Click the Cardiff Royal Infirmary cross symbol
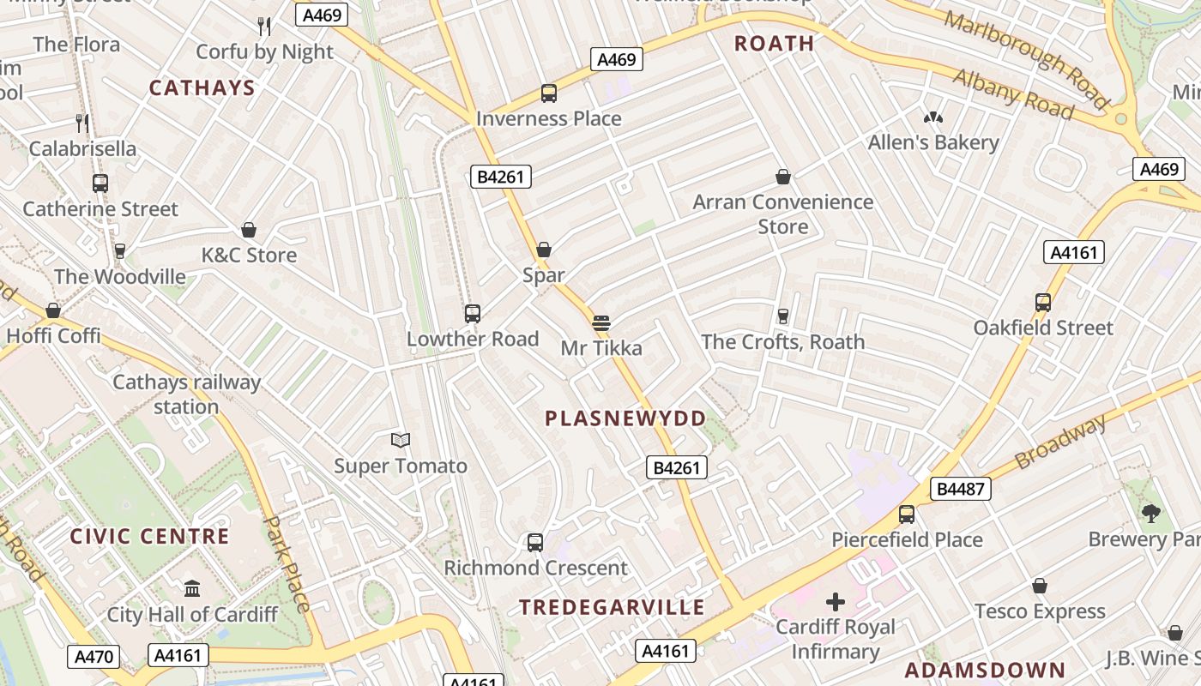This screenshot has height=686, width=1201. [835, 601]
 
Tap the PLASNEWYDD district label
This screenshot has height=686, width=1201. [626, 418]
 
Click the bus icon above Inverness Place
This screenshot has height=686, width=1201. [548, 93]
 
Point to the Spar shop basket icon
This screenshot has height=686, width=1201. [543, 250]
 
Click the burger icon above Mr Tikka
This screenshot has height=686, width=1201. [600, 323]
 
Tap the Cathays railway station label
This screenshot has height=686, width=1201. [186, 394]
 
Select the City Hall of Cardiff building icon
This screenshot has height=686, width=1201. [192, 589]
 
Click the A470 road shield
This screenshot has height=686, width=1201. [94, 657]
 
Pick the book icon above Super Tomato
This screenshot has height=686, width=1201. [400, 441]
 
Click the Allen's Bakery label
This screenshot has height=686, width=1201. [933, 142]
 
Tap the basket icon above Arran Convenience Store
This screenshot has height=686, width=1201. [782, 178]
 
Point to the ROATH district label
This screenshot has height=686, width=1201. [775, 43]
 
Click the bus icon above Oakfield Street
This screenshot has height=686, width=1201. [1043, 303]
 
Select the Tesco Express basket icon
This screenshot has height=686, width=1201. [1040, 587]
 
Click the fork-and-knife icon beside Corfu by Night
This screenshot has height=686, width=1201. [264, 27]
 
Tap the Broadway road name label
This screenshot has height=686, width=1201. [1061, 442]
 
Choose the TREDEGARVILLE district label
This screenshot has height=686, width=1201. [612, 607]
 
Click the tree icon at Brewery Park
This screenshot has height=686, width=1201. [1151, 514]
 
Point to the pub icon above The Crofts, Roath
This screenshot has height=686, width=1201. [782, 316]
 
